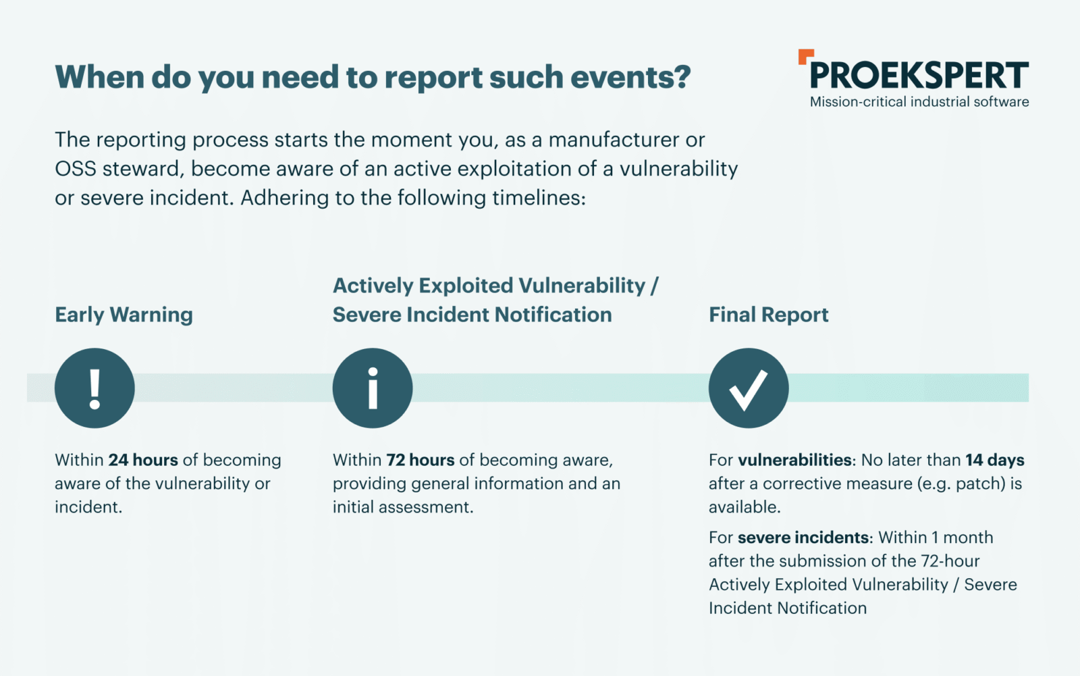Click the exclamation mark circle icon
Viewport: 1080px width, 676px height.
click(x=94, y=388)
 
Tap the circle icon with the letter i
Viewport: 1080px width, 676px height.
click(x=372, y=388)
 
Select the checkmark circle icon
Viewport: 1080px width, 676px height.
click(x=749, y=388)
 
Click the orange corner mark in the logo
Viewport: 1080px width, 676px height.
click(x=806, y=56)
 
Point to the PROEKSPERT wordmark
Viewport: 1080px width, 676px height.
click(x=919, y=75)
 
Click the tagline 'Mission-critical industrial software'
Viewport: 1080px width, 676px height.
click(x=919, y=102)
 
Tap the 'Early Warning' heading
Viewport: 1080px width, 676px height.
click(x=124, y=315)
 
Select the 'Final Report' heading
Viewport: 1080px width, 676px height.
click(x=769, y=315)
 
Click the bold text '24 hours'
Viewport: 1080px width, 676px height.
click(x=143, y=460)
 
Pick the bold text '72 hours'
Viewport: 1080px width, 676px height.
click(x=421, y=460)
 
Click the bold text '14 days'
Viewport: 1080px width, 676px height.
click(x=995, y=460)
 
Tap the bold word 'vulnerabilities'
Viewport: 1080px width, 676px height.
click(x=794, y=460)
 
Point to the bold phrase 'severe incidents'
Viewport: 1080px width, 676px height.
click(x=803, y=537)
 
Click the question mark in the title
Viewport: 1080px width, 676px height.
click(x=683, y=77)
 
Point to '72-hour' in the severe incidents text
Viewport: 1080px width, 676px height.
click(x=950, y=561)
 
